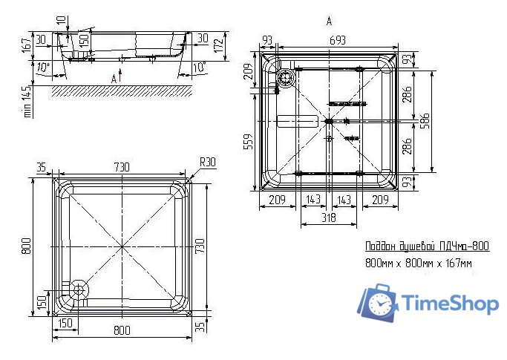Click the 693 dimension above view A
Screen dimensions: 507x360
click(338, 40)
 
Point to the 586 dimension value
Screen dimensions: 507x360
click(425, 121)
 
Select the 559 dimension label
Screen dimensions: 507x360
click(249, 142)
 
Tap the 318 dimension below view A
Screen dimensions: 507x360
click(329, 217)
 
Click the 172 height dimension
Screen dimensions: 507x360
click(219, 45)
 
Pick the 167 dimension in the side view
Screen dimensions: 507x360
click(27, 45)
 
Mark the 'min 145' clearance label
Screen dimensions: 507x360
click(27, 101)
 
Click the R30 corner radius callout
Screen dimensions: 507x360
click(208, 162)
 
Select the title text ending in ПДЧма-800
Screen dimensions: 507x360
click(427, 246)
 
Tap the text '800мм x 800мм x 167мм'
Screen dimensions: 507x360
click(419, 263)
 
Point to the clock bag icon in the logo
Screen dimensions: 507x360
click(378, 303)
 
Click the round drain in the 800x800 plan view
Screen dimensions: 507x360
click(78, 289)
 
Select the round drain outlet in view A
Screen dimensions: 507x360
click(286, 78)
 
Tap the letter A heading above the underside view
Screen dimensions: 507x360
click(329, 22)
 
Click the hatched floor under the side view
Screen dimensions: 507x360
click(122, 91)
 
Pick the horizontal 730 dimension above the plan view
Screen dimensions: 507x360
click(122, 167)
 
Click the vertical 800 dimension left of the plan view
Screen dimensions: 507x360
click(27, 246)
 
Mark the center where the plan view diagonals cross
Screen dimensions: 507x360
click(122, 246)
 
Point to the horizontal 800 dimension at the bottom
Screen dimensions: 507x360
click(122, 330)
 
